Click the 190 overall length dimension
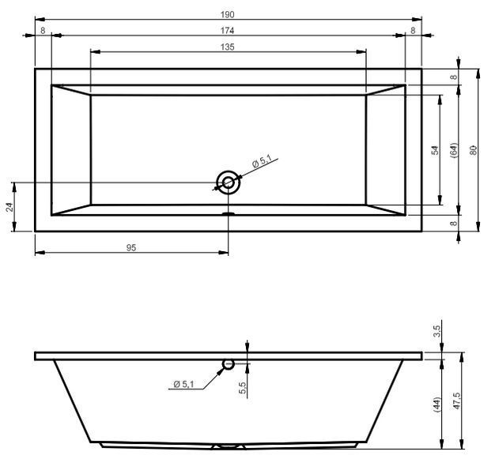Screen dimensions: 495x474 227,14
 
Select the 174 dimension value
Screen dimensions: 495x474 227,30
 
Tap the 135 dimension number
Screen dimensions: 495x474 227,47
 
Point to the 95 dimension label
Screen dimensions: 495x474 131,248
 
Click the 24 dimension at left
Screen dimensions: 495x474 10,207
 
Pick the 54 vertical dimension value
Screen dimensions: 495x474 435,150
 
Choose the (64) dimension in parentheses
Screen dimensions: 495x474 454,150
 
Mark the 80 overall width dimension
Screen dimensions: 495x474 473,150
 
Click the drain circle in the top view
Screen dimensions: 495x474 229,182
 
